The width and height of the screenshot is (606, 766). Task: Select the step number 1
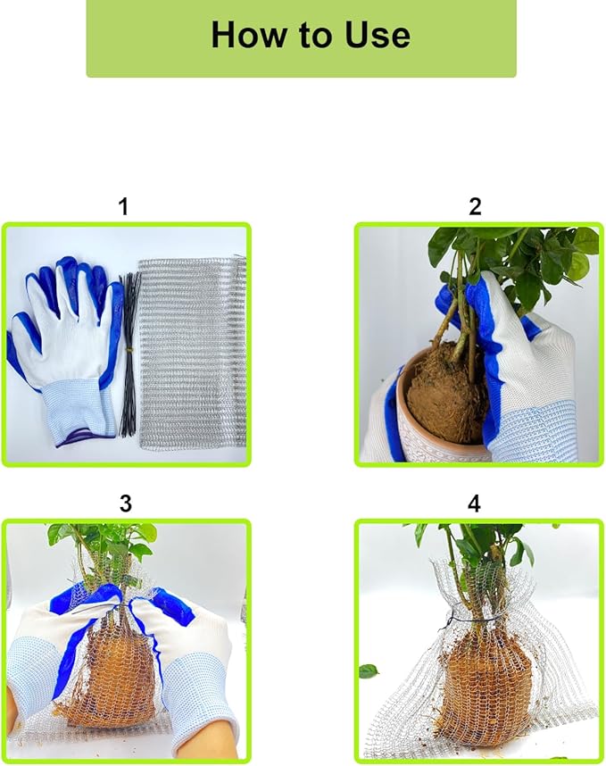[x=123, y=206]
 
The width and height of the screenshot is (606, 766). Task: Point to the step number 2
[x=475, y=206]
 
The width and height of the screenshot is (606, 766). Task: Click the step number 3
[x=126, y=504]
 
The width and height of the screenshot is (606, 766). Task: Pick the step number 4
[x=474, y=504]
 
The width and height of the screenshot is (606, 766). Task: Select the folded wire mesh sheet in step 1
[x=193, y=354]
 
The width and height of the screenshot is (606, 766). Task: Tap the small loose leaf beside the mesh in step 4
[x=369, y=671]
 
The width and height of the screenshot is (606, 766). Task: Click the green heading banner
[x=302, y=38]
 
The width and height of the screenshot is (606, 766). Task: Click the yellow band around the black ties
[x=130, y=350]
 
